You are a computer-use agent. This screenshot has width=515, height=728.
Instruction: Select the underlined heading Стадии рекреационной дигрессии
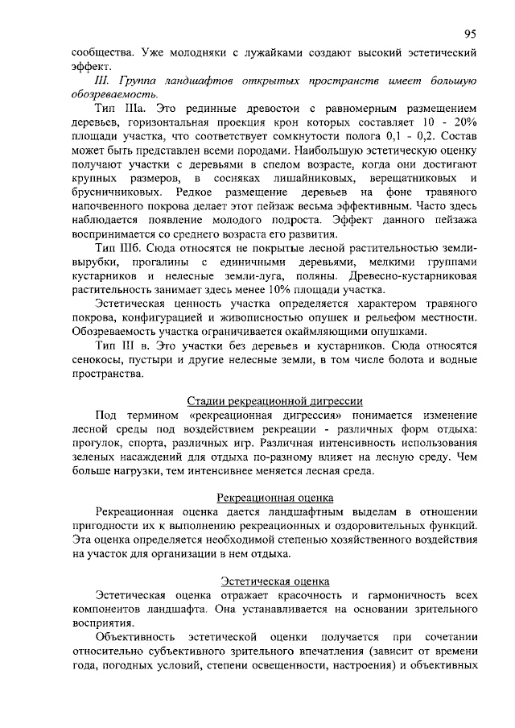pos(274,400)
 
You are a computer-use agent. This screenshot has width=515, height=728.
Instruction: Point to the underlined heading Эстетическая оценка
pos(274,581)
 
